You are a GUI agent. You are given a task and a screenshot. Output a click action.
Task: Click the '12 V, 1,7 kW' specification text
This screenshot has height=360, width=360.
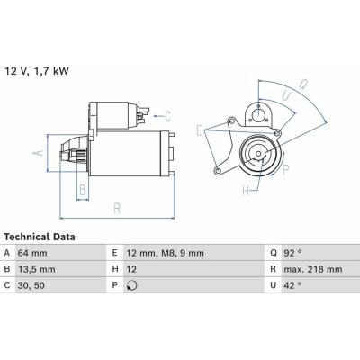[x=37, y=71]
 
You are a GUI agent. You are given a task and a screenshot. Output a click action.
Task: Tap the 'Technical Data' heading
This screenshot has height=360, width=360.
[x=40, y=237]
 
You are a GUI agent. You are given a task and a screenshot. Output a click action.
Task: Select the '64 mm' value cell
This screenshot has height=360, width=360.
[x=32, y=253]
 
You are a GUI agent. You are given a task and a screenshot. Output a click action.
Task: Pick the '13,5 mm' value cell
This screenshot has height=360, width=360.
[x=37, y=269]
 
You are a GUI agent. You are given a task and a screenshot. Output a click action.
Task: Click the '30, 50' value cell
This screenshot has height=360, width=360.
[x=31, y=285]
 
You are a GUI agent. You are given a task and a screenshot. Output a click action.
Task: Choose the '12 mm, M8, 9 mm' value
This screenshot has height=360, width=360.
[x=165, y=253]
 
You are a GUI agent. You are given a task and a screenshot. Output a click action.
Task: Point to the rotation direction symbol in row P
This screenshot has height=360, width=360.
[x=132, y=285]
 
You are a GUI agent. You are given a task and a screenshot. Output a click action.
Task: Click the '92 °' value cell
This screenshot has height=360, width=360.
[x=292, y=253]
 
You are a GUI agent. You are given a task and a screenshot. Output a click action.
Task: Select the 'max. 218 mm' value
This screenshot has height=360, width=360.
[x=313, y=269]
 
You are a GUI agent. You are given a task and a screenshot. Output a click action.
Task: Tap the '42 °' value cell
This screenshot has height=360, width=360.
[x=292, y=285]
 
